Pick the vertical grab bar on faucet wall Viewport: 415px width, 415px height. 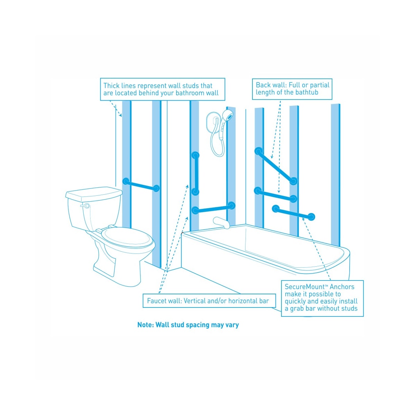(195, 173)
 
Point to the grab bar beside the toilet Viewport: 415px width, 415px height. (141, 185)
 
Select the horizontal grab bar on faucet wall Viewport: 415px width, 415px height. (213, 207)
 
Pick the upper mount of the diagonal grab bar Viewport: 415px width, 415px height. (258, 151)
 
